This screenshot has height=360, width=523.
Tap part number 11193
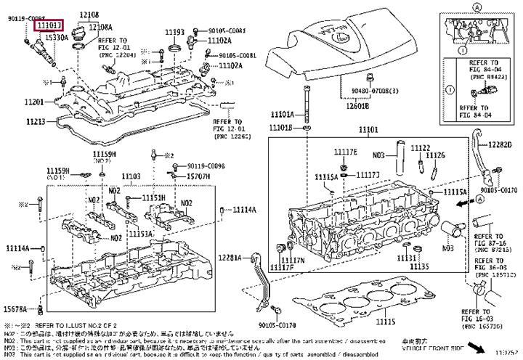[174, 33]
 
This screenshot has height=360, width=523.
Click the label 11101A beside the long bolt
[282, 115]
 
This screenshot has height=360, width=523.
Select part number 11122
[420, 148]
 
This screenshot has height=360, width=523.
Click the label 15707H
[198, 176]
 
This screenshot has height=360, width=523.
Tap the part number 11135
[409, 266]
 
